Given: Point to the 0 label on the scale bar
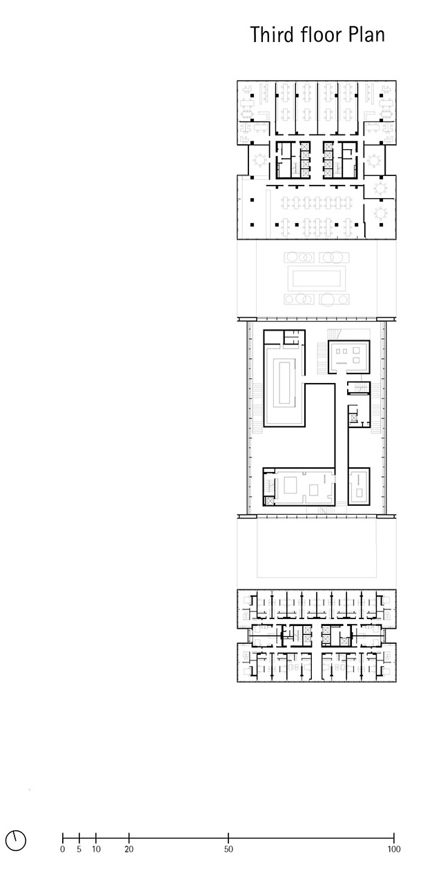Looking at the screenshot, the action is [x=63, y=849].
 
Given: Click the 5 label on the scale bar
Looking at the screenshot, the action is [x=79, y=849].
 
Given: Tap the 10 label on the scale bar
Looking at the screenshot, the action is [x=96, y=849].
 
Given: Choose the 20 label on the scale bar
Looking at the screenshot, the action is [x=129, y=849].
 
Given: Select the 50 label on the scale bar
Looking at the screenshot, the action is [x=228, y=849].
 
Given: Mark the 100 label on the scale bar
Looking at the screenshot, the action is [x=394, y=849].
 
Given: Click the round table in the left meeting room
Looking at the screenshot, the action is [x=259, y=160].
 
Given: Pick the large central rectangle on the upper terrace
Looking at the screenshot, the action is [x=317, y=279].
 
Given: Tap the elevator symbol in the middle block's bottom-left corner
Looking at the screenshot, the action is [x=269, y=500].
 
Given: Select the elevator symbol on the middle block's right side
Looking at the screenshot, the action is [x=353, y=418].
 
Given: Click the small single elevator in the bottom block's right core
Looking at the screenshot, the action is [x=344, y=641].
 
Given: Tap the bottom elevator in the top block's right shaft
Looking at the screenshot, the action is [x=328, y=172].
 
